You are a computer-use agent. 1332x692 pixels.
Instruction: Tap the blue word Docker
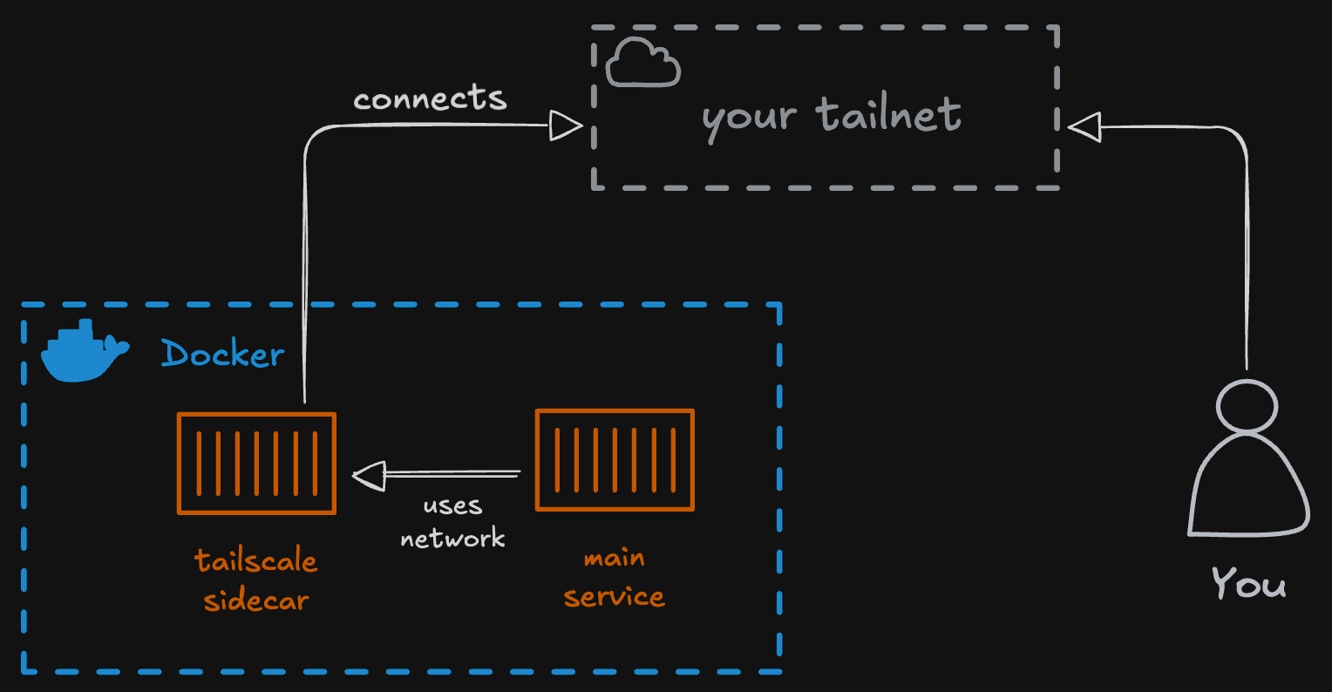coord(223,354)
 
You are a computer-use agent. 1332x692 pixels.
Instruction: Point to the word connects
coord(430,98)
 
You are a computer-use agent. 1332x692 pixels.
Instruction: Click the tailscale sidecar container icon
coord(256,463)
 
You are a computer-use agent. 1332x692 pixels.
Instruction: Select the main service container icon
coord(615,459)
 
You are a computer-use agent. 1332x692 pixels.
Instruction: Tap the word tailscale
coord(255,560)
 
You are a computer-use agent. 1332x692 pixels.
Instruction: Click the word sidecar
coord(255,600)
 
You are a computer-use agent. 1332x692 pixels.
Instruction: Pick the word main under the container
coord(614,558)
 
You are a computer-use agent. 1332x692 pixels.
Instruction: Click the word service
coord(614,597)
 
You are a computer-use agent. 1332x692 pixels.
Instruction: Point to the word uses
coord(452,505)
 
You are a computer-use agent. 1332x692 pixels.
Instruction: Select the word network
coord(452,538)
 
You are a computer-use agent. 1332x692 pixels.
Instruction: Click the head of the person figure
coord(1247,406)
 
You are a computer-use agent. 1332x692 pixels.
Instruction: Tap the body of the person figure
coord(1248,488)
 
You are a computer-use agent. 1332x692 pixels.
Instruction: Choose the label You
coord(1248,583)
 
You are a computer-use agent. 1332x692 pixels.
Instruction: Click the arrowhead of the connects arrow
coord(566,126)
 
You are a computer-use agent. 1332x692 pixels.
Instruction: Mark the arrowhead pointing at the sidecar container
coord(369,475)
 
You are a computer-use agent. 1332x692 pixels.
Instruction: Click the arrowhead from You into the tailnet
coord(1084,127)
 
